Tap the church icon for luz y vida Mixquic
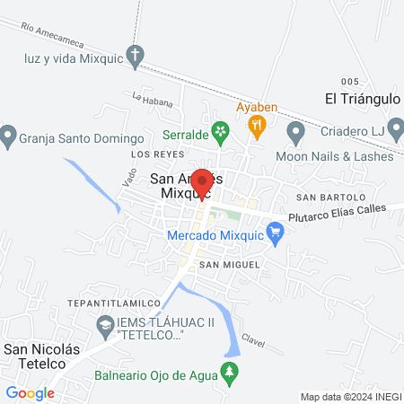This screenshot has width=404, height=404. [x=135, y=56]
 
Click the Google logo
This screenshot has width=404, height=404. [x=30, y=392]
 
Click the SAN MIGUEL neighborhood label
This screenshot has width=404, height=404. [x=229, y=264]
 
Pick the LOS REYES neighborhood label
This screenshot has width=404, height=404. [x=150, y=154]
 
